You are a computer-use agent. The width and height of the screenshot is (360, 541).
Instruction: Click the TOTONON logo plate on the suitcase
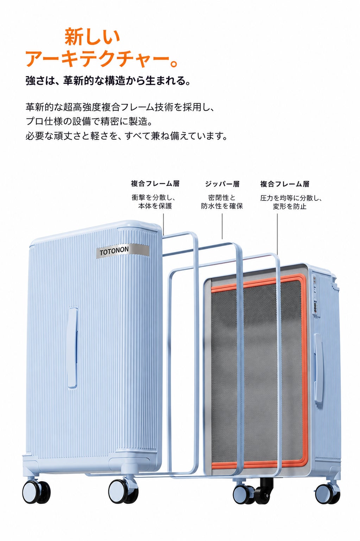(x=123, y=251)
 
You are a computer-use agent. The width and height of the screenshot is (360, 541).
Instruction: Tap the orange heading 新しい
(x=93, y=36)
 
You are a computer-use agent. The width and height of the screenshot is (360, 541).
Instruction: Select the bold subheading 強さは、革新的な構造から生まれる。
(x=108, y=81)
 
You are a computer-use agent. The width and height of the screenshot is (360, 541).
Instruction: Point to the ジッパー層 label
(x=222, y=184)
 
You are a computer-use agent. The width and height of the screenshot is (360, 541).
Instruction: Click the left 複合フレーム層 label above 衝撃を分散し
(x=155, y=184)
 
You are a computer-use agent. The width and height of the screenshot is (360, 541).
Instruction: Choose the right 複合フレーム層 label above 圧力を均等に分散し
(x=285, y=184)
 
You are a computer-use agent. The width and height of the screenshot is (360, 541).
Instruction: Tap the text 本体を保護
(x=155, y=206)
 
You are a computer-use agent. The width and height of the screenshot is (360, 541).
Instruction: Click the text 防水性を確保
(x=222, y=206)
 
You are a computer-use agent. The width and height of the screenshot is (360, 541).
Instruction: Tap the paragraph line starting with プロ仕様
(x=89, y=121)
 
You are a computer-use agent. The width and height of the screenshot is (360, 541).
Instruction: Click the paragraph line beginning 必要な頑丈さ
(x=127, y=136)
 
